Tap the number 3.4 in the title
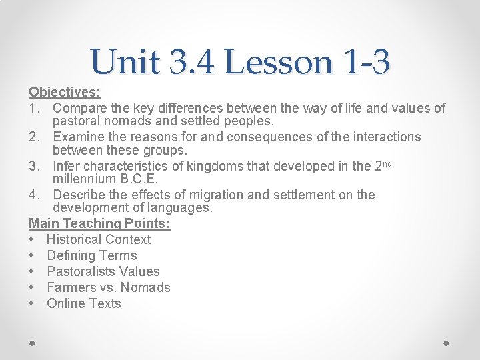click(193, 62)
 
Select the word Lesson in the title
click(279, 62)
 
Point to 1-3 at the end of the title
click(365, 62)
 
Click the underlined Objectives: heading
click(65, 91)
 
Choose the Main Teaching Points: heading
click(99, 223)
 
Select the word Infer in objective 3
click(67, 166)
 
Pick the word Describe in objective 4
click(81, 195)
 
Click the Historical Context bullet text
click(99, 239)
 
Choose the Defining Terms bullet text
click(91, 255)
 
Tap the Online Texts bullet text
click(84, 303)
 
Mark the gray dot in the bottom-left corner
click(33, 342)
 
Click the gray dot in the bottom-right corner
click(446, 342)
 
